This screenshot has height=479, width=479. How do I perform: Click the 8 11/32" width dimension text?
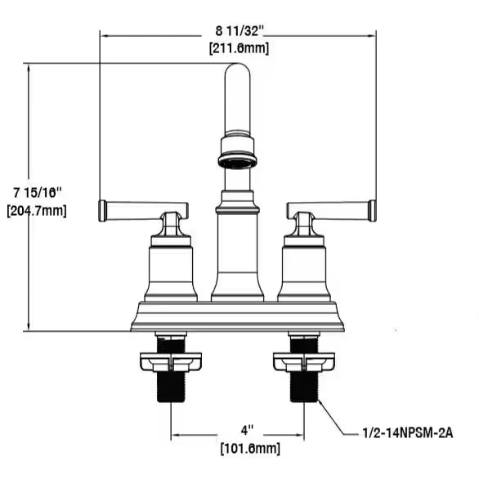pos(239,31)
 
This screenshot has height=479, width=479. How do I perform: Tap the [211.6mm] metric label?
pos(239,48)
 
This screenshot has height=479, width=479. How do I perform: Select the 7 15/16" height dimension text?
pos(38,193)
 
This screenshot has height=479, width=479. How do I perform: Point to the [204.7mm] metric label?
pos(37,210)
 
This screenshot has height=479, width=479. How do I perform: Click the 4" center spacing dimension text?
pos(247,431)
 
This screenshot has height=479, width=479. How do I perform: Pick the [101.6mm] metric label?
pos(250,449)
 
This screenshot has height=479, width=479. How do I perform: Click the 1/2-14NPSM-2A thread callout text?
pos(408,433)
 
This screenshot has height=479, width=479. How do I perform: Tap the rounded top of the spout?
pos(237,69)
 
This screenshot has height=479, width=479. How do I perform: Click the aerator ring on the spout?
pos(238,162)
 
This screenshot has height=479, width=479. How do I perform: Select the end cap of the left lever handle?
pos(102,211)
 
